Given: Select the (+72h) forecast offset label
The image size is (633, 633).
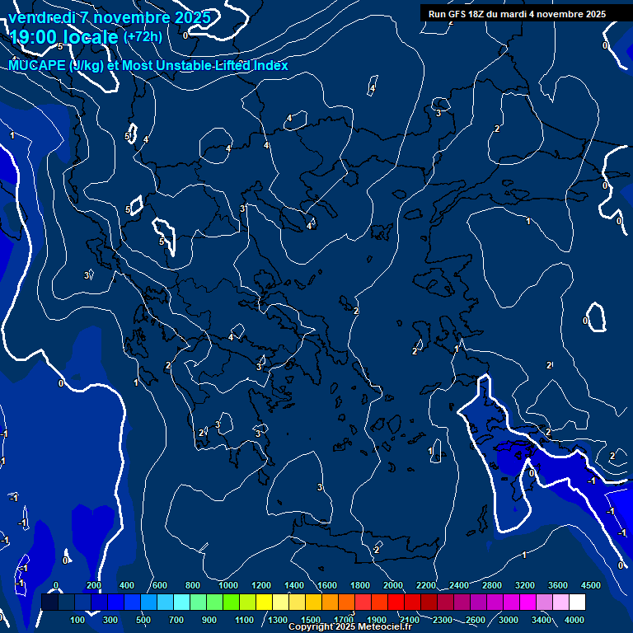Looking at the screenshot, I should click(x=143, y=37).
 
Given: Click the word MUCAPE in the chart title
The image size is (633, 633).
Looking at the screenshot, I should click(x=37, y=65).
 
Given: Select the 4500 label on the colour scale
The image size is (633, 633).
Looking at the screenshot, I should click(x=590, y=585).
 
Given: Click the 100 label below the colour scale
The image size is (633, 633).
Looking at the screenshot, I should click(x=78, y=620).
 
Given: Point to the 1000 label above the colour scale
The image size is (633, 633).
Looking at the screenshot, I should click(x=227, y=585).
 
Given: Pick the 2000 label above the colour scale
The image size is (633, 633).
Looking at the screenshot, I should click(x=393, y=585).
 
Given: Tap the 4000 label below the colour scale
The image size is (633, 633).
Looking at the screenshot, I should click(x=574, y=620).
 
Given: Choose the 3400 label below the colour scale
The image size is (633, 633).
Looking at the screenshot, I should click(x=542, y=620).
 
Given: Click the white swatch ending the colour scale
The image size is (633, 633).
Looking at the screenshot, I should click(x=577, y=603).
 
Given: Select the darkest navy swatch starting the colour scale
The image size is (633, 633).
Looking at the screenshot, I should click(x=49, y=603).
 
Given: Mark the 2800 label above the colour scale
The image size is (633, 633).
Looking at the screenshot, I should click(x=492, y=585).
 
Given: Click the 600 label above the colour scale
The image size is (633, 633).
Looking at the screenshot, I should click(x=160, y=585).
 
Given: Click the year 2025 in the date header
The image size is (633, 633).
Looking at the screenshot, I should click(x=192, y=17).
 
